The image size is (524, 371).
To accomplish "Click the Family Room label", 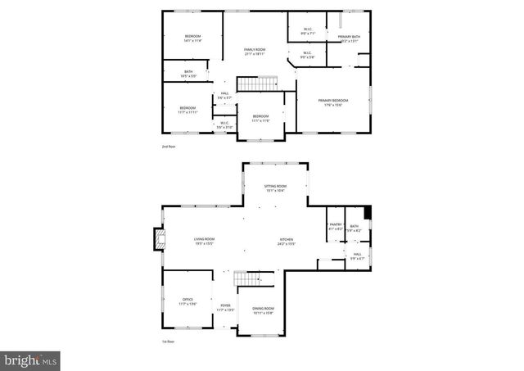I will tap(255, 50).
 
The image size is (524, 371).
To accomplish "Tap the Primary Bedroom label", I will tap(333, 101).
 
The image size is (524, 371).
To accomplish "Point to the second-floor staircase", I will tap(257, 84).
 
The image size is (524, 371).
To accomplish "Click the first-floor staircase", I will tap(251, 280).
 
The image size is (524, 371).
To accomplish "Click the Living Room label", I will tap(204, 240).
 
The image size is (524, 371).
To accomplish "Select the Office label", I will tap(187, 300).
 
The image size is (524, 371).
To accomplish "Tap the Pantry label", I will tap(335, 226).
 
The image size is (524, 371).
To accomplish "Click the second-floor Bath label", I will tap(188, 73).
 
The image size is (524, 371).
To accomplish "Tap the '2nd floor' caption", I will tap(168, 146).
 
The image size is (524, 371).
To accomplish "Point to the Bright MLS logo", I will tap(31, 359).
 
